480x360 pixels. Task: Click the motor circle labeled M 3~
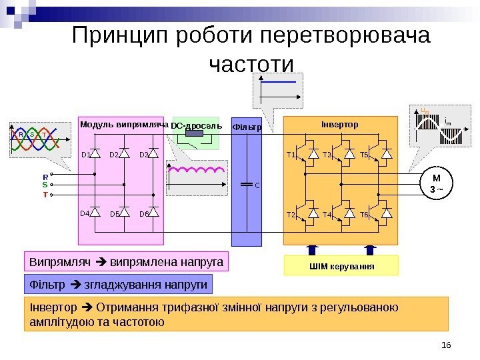pyautogui.click(x=438, y=183)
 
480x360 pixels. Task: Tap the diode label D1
pyautogui.click(x=85, y=155)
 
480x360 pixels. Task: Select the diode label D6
pyautogui.click(x=143, y=215)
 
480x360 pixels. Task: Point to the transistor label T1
pyautogui.click(x=291, y=155)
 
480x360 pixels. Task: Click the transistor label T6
pyautogui.click(x=364, y=215)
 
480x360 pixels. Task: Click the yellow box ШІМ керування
pyautogui.click(x=341, y=266)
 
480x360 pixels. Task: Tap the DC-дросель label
pyautogui.click(x=191, y=125)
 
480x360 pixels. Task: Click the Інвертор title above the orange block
pyautogui.click(x=340, y=125)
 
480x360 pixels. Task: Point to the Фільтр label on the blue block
pyautogui.click(x=246, y=126)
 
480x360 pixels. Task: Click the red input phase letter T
pyautogui.click(x=45, y=195)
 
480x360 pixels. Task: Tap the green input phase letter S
pyautogui.click(x=45, y=184)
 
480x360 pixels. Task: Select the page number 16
pyautogui.click(x=446, y=345)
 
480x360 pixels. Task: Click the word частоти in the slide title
pyautogui.click(x=251, y=65)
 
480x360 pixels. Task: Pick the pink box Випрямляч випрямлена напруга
pyautogui.click(x=126, y=261)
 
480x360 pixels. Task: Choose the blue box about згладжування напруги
pyautogui.click(x=117, y=285)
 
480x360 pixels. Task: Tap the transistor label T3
pyautogui.click(x=327, y=155)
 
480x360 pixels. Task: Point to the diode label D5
pyautogui.click(x=114, y=215)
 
